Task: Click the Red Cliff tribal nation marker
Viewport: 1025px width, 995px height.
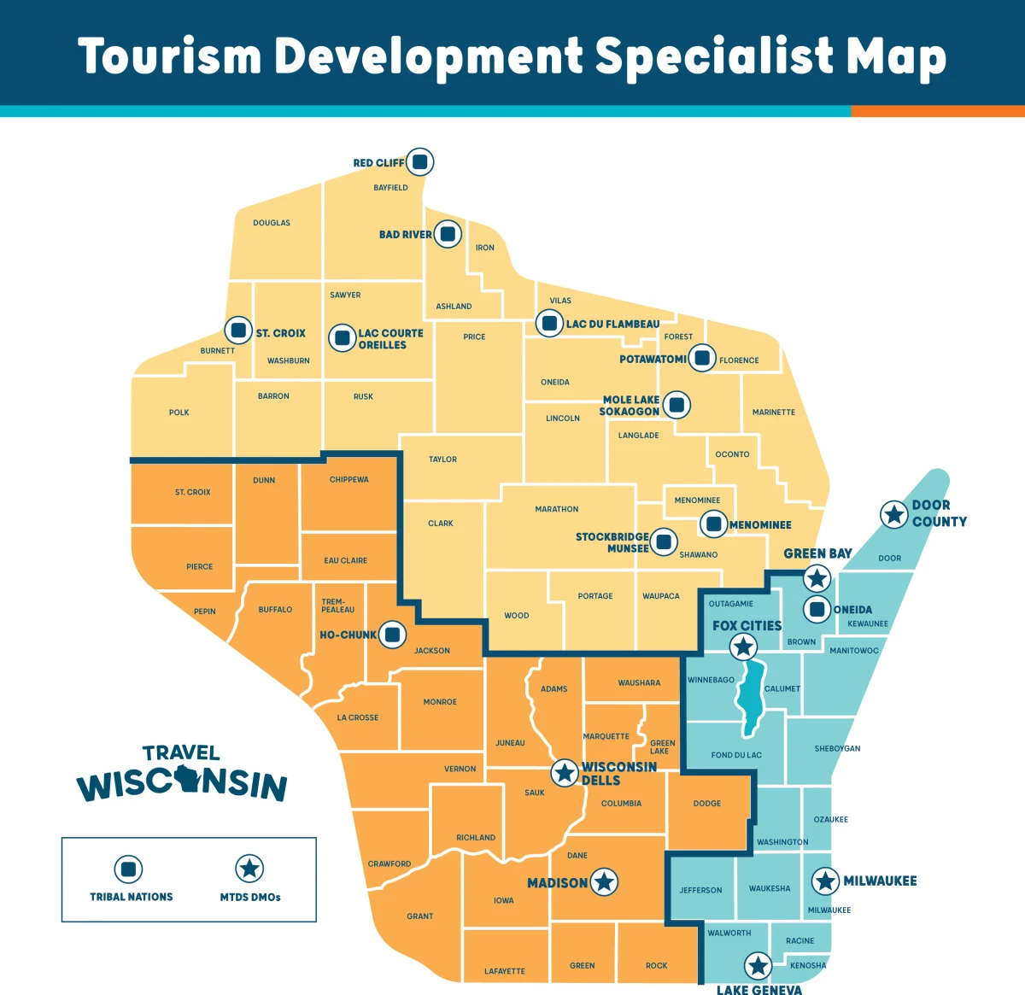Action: click(x=419, y=161)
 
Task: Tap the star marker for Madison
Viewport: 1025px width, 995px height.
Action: click(x=604, y=882)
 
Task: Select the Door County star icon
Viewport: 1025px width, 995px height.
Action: click(x=893, y=514)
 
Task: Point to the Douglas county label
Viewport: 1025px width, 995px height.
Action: click(x=272, y=223)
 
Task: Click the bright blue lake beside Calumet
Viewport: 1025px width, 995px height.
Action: click(x=751, y=700)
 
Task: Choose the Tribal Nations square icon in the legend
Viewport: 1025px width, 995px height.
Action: click(x=128, y=869)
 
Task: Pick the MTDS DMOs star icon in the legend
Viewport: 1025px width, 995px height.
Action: click(x=249, y=869)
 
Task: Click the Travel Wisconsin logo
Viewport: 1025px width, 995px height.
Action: click(x=182, y=774)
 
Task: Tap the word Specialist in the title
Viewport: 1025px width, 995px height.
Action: click(x=713, y=56)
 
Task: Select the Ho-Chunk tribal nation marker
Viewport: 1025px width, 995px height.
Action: click(x=392, y=635)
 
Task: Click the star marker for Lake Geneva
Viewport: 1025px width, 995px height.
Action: click(x=758, y=966)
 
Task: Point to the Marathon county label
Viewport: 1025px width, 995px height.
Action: click(x=556, y=509)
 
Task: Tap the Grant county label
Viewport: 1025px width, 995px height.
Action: click(x=419, y=916)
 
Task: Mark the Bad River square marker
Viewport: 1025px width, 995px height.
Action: click(x=447, y=234)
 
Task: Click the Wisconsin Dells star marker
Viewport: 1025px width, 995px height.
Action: click(x=564, y=773)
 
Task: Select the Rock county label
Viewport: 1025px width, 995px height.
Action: click(x=656, y=966)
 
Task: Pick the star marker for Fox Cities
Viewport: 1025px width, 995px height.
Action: click(x=743, y=647)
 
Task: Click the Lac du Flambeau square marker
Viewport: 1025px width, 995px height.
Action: click(x=548, y=324)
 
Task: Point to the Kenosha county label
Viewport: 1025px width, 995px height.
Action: click(x=807, y=966)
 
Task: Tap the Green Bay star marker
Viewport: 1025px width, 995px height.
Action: click(x=817, y=578)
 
